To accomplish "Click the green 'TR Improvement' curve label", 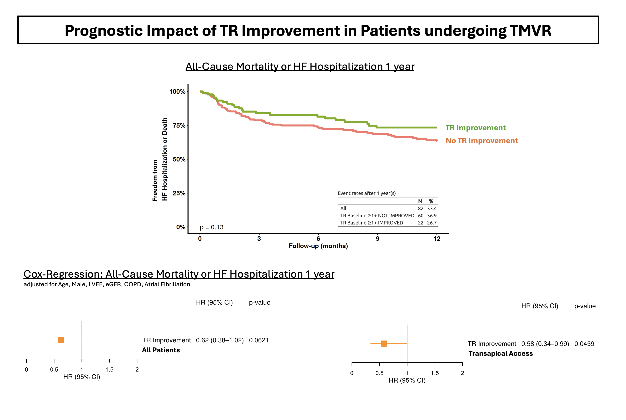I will [475, 128].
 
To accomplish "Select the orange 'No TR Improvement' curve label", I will [481, 141].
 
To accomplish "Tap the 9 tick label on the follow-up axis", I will [377, 239].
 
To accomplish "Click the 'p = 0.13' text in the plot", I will [211, 227].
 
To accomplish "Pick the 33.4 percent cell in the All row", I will [431, 208].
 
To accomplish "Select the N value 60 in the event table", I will [421, 216].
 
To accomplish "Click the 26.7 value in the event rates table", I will [431, 223].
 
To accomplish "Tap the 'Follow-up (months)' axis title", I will [318, 246].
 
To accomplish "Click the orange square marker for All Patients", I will [61, 340].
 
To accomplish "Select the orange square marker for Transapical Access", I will [384, 343].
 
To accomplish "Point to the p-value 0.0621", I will [259, 340].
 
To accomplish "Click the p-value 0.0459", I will [584, 344].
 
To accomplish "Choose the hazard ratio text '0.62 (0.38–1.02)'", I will [220, 340].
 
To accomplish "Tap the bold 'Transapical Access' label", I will [500, 354].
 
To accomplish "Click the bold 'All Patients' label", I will [161, 350].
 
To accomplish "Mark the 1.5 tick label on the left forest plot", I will [109, 370].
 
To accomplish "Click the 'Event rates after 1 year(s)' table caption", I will [366, 193].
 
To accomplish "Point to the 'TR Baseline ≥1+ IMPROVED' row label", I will [371, 223].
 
